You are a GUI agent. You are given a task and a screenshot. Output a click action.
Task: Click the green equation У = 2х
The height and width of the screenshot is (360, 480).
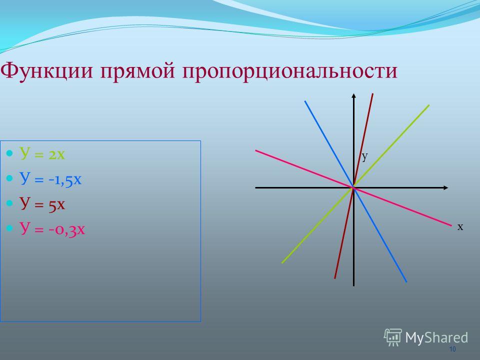coord(42,153)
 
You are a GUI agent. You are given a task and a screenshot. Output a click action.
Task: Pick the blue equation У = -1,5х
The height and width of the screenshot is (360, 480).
coord(50,179)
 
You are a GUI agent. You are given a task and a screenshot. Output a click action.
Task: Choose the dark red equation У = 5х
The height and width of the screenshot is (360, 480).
coord(42,203)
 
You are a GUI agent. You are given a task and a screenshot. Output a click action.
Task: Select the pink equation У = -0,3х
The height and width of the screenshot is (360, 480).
coord(52,228)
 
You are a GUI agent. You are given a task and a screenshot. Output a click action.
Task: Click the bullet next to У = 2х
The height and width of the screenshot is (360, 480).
coord(10,153)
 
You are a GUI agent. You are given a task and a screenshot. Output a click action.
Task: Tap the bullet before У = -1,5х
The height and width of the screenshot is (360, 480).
coord(10,178)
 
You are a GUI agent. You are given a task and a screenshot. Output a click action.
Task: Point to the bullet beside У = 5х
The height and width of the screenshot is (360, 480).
coord(10,203)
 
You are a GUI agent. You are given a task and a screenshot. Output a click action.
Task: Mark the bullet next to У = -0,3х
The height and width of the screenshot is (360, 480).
coord(10,228)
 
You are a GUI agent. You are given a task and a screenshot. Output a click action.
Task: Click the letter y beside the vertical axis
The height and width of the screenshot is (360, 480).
coord(364,156)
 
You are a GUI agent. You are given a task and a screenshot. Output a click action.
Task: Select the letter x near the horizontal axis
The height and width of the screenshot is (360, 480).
coord(460,226)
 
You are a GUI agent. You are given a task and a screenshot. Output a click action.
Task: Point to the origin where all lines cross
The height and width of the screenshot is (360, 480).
coord(353,187)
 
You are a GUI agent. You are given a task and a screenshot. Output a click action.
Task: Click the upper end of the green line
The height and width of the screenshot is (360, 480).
coord(429,105)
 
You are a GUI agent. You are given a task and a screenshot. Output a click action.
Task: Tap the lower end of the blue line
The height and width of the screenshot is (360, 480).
coord(406,281)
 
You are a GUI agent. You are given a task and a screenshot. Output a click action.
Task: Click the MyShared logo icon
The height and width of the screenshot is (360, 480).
coord(393,337)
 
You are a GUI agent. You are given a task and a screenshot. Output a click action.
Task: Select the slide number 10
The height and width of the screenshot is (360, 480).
coord(452,349)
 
